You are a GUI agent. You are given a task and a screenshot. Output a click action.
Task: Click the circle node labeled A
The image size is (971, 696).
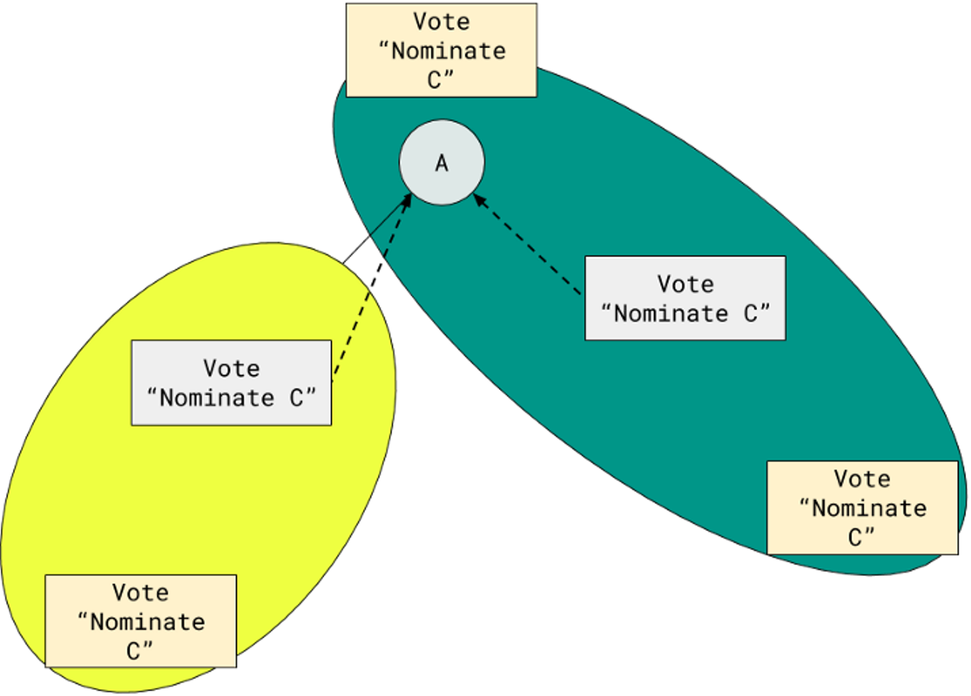tap(441, 162)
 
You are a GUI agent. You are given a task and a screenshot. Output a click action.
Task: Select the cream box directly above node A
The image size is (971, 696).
tap(441, 51)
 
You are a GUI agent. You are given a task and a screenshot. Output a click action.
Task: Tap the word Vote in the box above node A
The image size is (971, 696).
tap(441, 22)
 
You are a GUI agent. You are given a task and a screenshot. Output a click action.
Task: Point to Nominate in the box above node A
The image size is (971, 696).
tap(448, 51)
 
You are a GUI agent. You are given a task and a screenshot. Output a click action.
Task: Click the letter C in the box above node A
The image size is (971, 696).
tap(434, 80)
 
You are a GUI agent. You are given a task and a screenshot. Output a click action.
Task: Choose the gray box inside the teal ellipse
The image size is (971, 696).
tap(685, 298)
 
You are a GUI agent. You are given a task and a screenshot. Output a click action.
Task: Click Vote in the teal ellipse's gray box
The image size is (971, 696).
tap(685, 284)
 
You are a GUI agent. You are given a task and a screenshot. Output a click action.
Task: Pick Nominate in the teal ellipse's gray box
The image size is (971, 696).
tap(671, 314)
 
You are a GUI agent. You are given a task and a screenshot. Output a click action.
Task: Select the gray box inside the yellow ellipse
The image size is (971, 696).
tap(231, 382)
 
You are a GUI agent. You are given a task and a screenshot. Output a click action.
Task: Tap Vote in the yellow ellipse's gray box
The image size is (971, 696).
tap(231, 369)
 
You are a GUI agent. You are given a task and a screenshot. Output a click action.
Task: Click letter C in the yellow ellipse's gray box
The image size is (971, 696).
tap(296, 398)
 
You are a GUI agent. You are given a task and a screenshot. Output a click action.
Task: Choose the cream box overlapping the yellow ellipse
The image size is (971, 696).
tap(140, 621)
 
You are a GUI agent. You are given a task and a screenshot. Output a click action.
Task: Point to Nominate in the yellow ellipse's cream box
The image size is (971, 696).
tap(147, 622)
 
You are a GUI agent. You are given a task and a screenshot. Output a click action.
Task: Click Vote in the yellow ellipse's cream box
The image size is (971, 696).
tap(140, 593)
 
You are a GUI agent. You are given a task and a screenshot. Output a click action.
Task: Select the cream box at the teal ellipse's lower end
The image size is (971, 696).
tap(862, 508)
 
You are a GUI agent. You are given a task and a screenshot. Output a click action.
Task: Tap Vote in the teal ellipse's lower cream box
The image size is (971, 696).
tap(862, 479)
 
